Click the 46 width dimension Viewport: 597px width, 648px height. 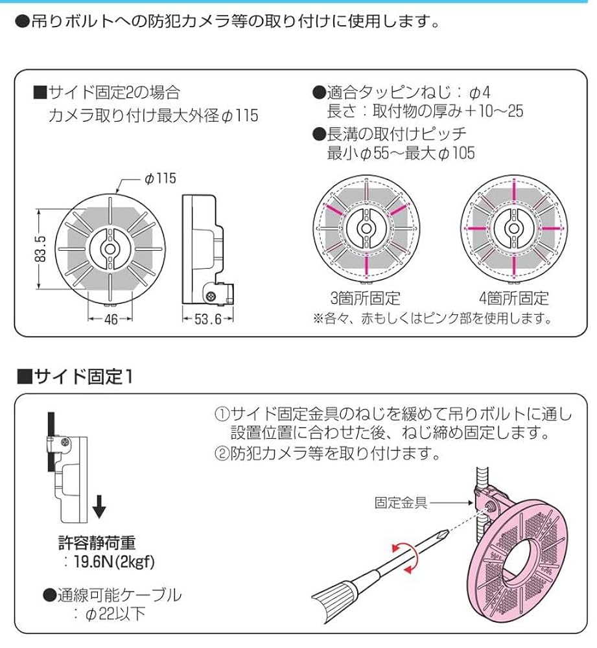click(x=111, y=319)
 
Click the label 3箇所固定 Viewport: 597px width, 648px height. click(x=365, y=299)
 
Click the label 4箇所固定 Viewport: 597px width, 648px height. click(x=513, y=299)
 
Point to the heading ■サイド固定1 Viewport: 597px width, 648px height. click(x=75, y=376)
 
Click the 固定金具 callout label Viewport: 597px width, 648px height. click(x=401, y=502)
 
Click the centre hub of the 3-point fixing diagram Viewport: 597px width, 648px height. click(x=365, y=230)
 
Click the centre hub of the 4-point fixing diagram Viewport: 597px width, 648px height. click(x=513, y=230)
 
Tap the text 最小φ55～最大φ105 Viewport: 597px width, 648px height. click(x=401, y=153)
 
